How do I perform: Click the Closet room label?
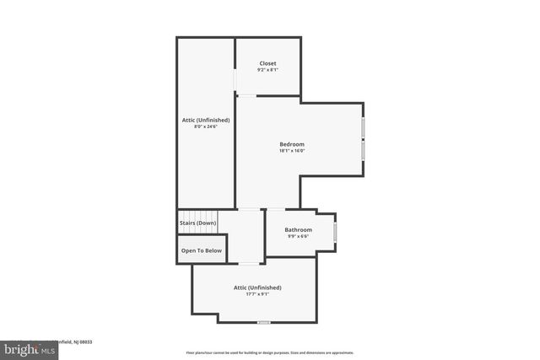pyautogui.click(x=267, y=63)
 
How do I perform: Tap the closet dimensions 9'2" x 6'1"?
pyautogui.click(x=267, y=69)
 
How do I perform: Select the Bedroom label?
pyautogui.click(x=292, y=144)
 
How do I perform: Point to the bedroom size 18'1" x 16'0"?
pyautogui.click(x=292, y=151)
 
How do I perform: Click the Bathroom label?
pyautogui.click(x=298, y=229)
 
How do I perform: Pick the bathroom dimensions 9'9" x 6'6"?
pyautogui.click(x=298, y=236)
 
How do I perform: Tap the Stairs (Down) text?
pyautogui.click(x=197, y=223)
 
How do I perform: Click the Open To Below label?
pyautogui.click(x=201, y=250)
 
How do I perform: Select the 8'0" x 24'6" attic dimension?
pyautogui.click(x=205, y=126)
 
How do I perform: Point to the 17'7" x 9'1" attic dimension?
pyautogui.click(x=257, y=294)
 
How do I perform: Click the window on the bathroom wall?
pyautogui.click(x=335, y=230)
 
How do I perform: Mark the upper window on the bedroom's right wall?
pyautogui.click(x=364, y=127)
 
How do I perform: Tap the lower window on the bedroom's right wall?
pyautogui.click(x=364, y=149)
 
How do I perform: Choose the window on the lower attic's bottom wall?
pyautogui.click(x=264, y=322)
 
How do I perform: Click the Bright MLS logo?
pyautogui.click(x=25, y=347)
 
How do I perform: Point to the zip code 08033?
pyautogui.click(x=85, y=341)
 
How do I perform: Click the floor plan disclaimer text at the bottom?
pyautogui.click(x=270, y=352)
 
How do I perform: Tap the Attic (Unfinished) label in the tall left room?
pyautogui.click(x=205, y=120)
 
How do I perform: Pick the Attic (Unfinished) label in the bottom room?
pyautogui.click(x=257, y=287)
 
